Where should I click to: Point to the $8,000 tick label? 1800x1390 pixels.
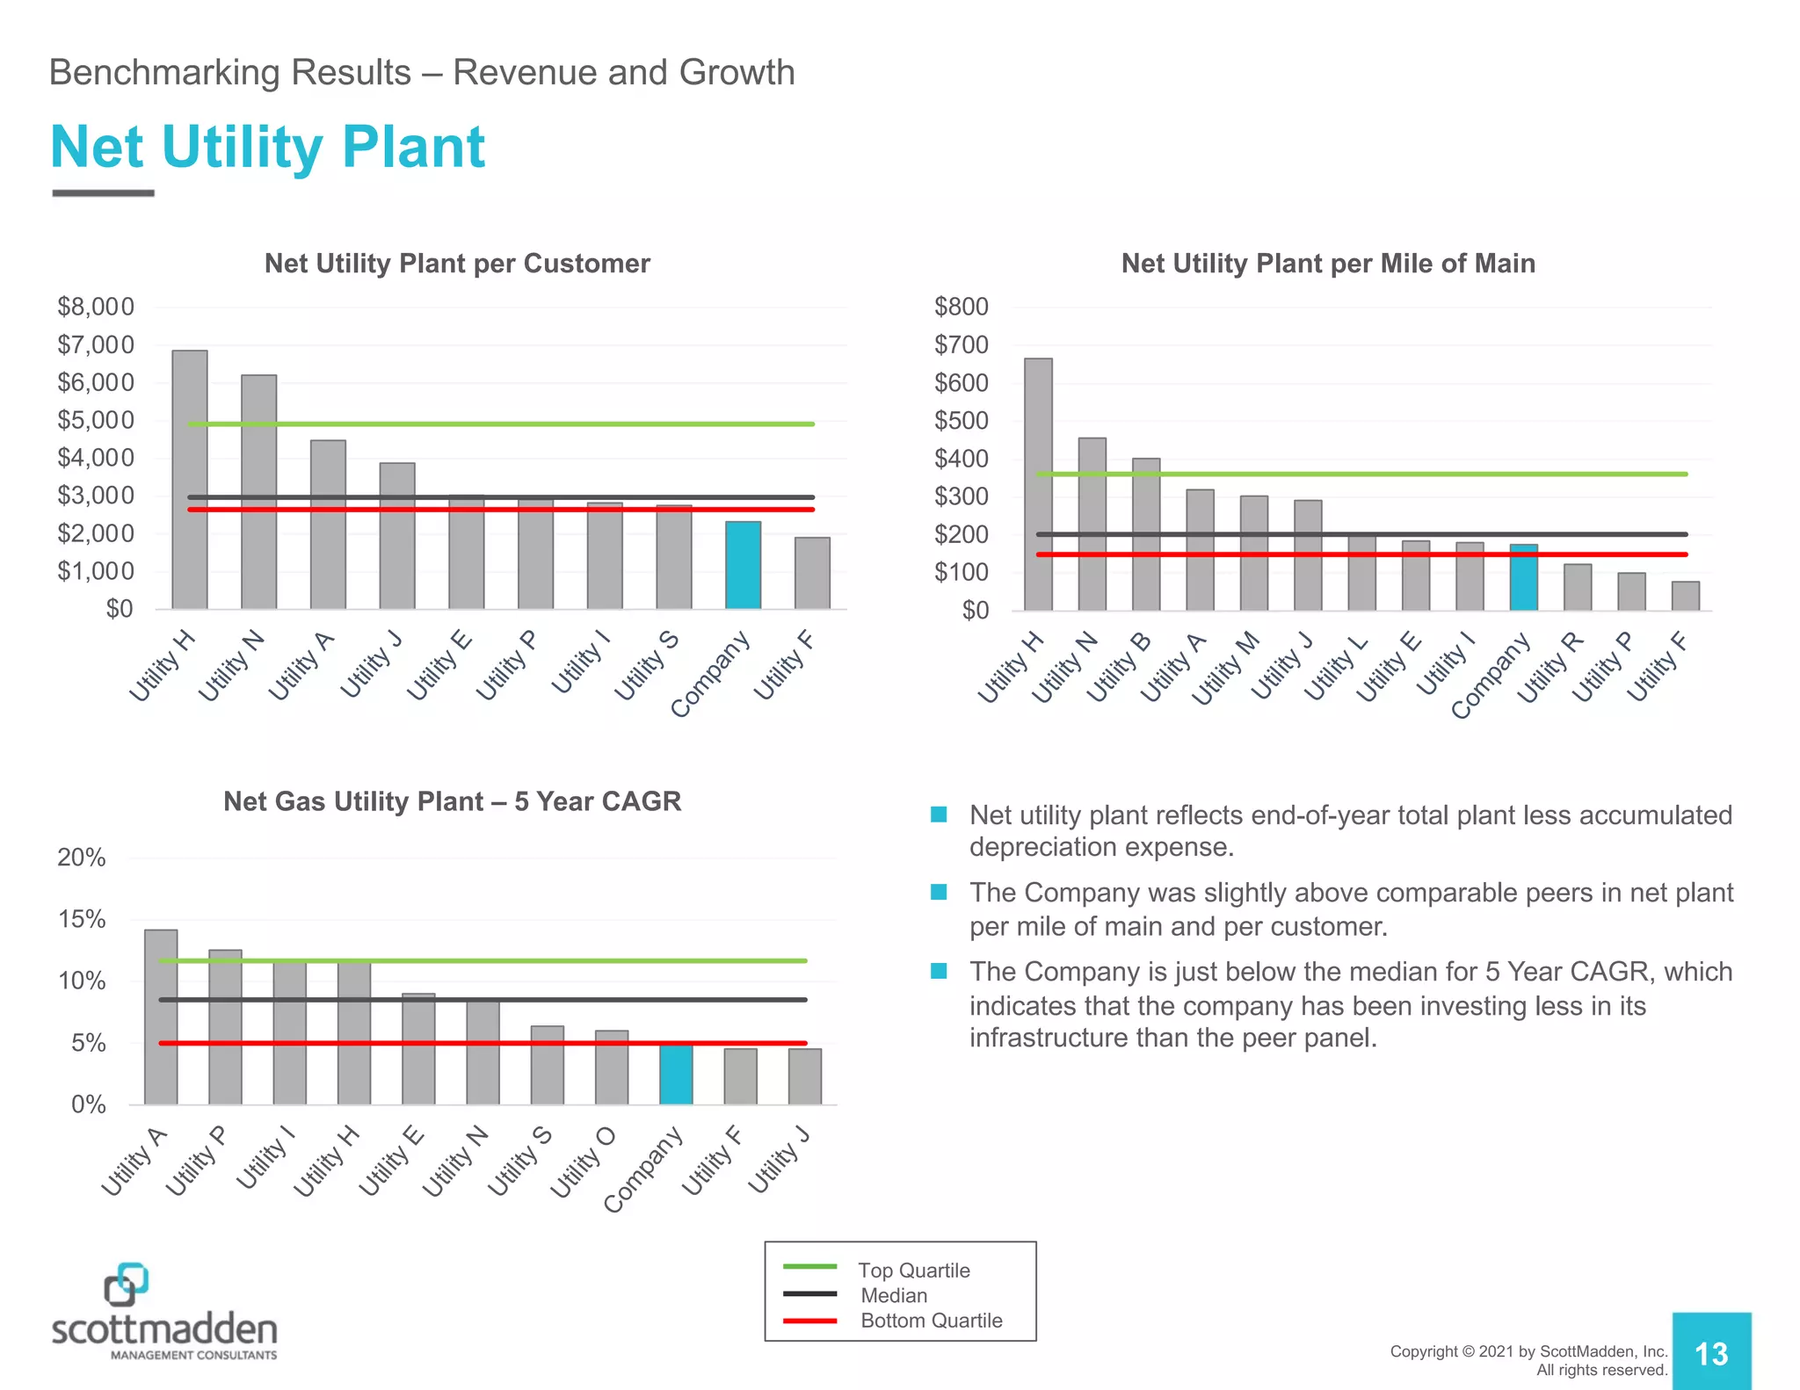click(x=96, y=307)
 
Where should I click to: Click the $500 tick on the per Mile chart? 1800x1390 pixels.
click(x=961, y=421)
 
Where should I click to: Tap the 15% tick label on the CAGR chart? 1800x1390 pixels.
click(x=82, y=920)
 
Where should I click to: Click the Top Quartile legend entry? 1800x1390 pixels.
click(x=913, y=1270)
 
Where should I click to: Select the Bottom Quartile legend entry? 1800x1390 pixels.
click(x=931, y=1321)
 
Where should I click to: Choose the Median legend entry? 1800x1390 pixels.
click(x=894, y=1295)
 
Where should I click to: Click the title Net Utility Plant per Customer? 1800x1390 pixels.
click(x=457, y=264)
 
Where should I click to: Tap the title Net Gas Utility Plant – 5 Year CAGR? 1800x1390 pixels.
click(x=452, y=801)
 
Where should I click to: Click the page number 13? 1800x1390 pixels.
click(x=1710, y=1353)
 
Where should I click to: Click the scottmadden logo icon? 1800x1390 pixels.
click(x=126, y=1284)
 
